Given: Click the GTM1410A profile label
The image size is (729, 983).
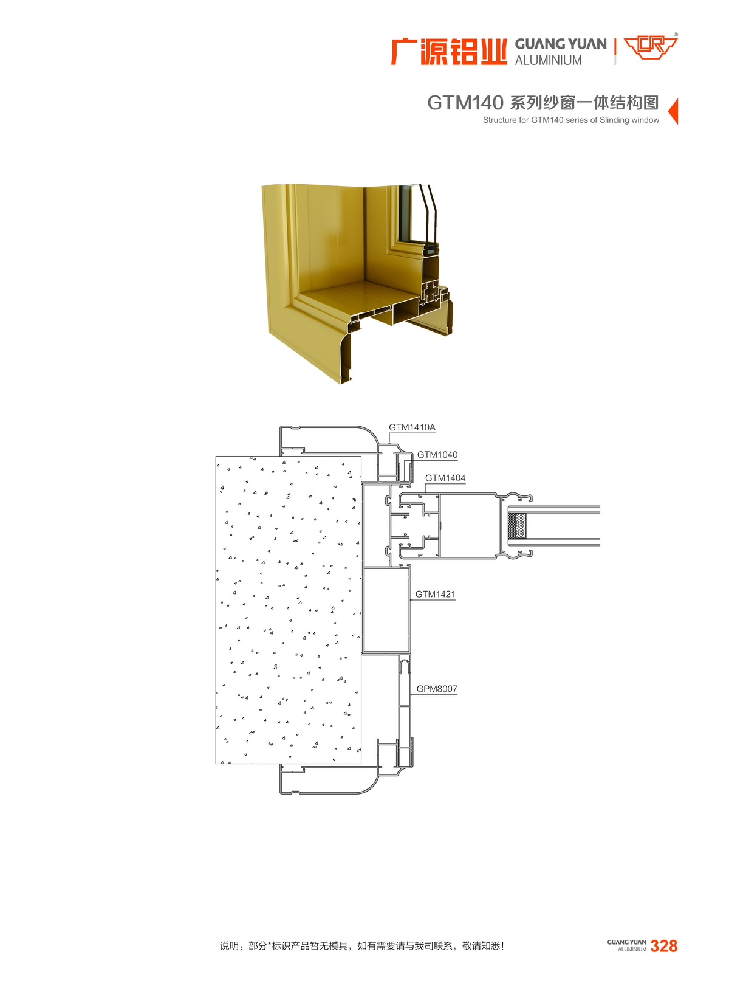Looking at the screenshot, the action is click(411, 427).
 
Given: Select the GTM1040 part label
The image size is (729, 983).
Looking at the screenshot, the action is click(437, 455).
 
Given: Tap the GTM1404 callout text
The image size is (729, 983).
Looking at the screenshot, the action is click(445, 478).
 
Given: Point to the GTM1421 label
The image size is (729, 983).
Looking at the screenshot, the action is click(435, 595).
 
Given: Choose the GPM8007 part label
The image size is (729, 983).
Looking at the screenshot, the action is click(437, 689).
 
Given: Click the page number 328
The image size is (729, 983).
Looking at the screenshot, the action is click(663, 946).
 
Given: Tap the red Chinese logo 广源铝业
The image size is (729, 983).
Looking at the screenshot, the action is click(448, 52).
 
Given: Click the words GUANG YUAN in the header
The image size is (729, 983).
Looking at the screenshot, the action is click(560, 44).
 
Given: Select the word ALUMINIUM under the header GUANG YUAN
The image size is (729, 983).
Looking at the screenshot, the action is click(548, 60).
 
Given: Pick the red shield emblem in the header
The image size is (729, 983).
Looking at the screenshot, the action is click(650, 48).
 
